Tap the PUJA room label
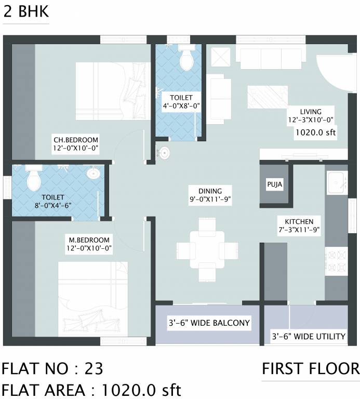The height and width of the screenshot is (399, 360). pyautogui.click(x=275, y=184)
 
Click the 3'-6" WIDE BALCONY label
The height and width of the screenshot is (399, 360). pyautogui.click(x=208, y=323)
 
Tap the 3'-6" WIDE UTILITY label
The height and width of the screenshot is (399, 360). pyautogui.click(x=308, y=336)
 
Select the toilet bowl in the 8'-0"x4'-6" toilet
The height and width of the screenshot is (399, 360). pyautogui.click(x=33, y=179)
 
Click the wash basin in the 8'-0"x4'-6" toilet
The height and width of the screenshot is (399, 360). pyautogui.click(x=94, y=173)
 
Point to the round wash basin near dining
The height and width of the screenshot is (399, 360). pyautogui.click(x=164, y=153)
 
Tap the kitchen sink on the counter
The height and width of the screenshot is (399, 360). pyautogui.click(x=336, y=182)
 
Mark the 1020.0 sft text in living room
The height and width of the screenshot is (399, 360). pyautogui.click(x=315, y=132)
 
